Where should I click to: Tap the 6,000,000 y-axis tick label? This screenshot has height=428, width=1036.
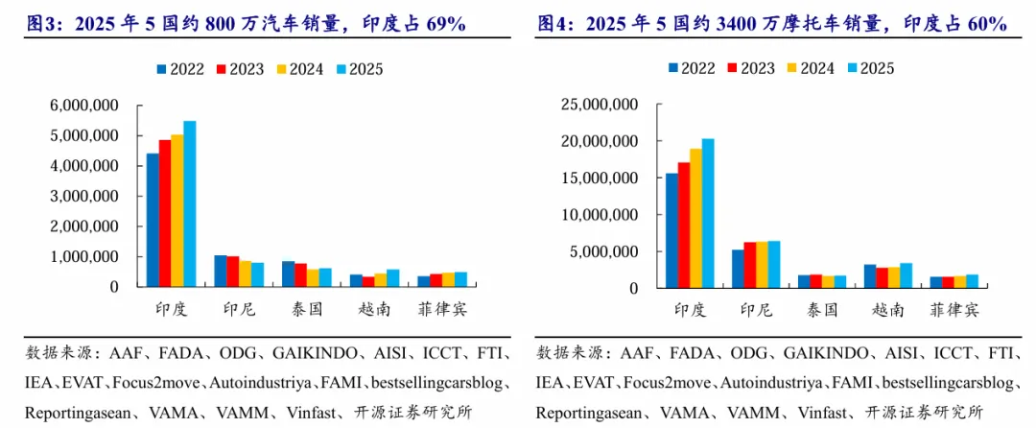pyautogui.click(x=84, y=106)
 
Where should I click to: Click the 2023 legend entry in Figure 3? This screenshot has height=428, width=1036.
pyautogui.click(x=241, y=68)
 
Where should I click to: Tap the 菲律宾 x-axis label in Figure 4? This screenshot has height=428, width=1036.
pyautogui.click(x=954, y=309)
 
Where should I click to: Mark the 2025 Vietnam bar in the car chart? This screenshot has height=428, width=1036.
pyautogui.click(x=393, y=278)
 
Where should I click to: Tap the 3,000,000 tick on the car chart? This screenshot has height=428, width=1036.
pyautogui.click(x=84, y=196)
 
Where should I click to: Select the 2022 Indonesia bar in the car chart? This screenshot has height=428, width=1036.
pyautogui.click(x=221, y=271)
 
